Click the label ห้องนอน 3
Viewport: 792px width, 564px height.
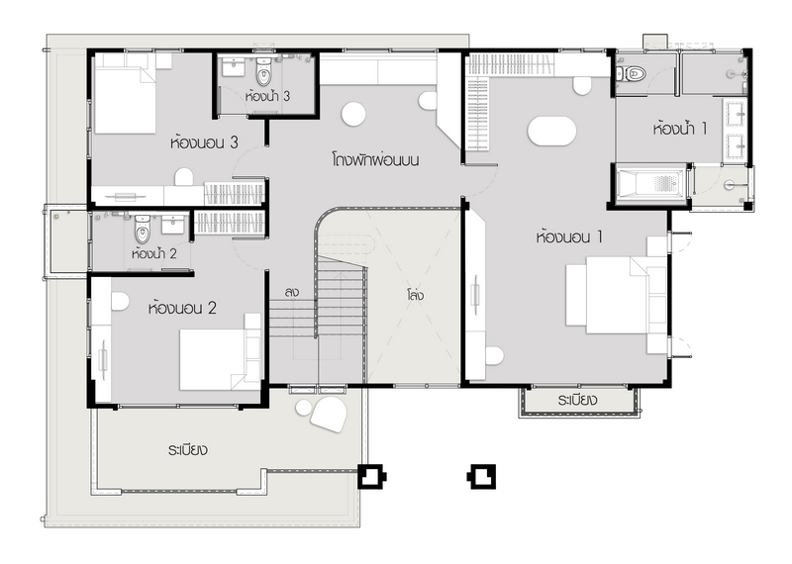pyautogui.click(x=204, y=142)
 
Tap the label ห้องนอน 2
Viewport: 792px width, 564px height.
pyautogui.click(x=182, y=308)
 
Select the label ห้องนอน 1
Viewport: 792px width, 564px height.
pyautogui.click(x=569, y=236)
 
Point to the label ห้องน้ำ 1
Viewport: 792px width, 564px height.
pyautogui.click(x=680, y=129)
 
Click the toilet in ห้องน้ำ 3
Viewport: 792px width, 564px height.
pyautogui.click(x=263, y=71)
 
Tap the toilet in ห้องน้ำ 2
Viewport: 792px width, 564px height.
pyautogui.click(x=143, y=230)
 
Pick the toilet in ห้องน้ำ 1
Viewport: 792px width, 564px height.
pyautogui.click(x=632, y=74)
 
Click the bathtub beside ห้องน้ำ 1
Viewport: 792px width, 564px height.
pyautogui.click(x=651, y=183)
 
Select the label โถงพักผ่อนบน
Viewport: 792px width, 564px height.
pyautogui.click(x=375, y=160)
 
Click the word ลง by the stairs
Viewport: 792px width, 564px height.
pyautogui.click(x=291, y=292)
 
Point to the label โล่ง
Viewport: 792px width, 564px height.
pyautogui.click(x=415, y=295)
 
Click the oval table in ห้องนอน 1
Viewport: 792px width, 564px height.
pyautogui.click(x=551, y=132)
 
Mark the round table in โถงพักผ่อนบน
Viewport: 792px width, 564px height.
pyautogui.click(x=353, y=114)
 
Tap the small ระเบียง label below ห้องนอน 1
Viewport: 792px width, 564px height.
pyautogui.click(x=578, y=401)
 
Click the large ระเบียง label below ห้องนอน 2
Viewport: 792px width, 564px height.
pyautogui.click(x=188, y=450)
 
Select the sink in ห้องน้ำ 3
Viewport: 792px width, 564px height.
pyautogui.click(x=234, y=67)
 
